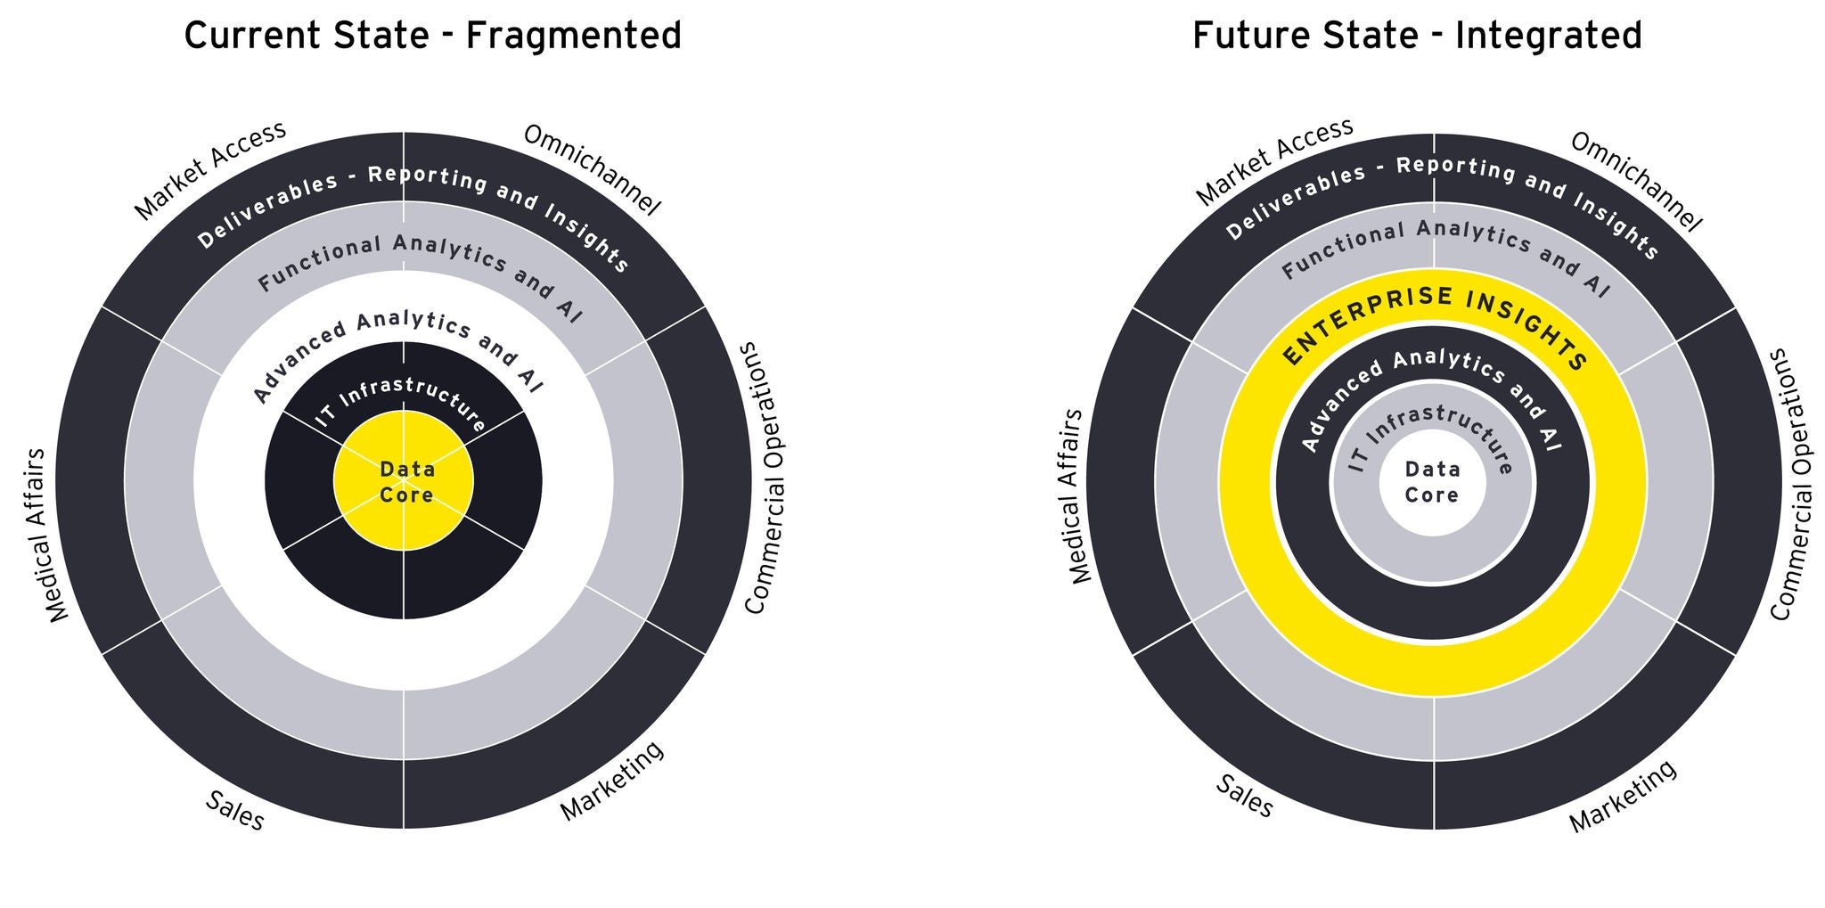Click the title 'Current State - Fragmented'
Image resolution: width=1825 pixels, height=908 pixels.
click(432, 36)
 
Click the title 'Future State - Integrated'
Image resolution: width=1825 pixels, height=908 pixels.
click(1417, 36)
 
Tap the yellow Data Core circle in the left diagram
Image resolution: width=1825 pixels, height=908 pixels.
click(404, 481)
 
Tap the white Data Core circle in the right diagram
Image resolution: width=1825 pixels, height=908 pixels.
click(1432, 482)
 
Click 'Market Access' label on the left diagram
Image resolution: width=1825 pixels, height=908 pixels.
click(210, 169)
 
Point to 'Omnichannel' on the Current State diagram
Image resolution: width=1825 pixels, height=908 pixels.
click(592, 170)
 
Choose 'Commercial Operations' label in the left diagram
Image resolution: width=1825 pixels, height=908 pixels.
click(765, 478)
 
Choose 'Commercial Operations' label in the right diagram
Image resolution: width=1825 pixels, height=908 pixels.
click(1791, 485)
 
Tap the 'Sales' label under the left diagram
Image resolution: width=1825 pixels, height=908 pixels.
click(235, 811)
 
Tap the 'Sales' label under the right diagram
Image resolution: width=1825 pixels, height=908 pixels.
click(1245, 796)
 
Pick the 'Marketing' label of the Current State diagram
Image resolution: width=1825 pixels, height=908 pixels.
click(612, 781)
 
